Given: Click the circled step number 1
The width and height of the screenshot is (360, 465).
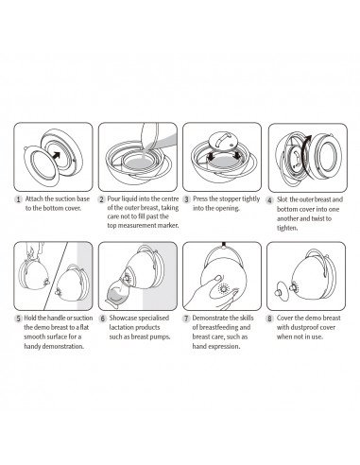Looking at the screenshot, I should (20, 200).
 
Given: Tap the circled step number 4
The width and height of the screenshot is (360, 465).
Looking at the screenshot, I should (270, 200).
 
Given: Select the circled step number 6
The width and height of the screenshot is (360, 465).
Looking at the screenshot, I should (103, 320).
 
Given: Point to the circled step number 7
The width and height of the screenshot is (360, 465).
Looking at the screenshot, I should (186, 320).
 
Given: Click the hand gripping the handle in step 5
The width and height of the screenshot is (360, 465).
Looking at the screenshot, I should (32, 252).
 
